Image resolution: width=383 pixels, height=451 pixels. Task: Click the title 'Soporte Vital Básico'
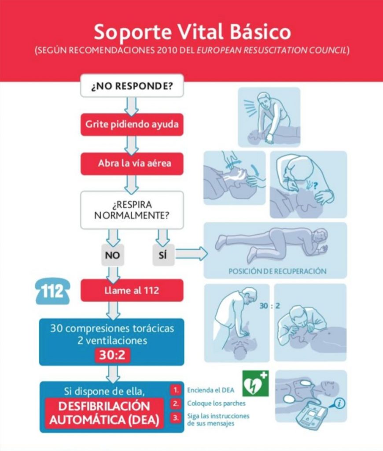pyautogui.click(x=192, y=32)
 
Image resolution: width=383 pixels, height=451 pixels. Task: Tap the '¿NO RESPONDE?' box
pyautogui.click(x=132, y=86)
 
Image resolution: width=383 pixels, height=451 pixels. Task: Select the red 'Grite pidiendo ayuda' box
pyautogui.click(x=132, y=124)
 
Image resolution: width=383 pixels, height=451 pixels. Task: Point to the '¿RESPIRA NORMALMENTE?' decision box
pyautogui.click(x=132, y=210)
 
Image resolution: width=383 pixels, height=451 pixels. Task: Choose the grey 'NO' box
pyautogui.click(x=113, y=254)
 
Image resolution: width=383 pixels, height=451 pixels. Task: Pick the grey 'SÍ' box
pyautogui.click(x=162, y=254)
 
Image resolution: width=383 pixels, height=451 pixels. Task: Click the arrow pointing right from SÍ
pyautogui.click(x=191, y=254)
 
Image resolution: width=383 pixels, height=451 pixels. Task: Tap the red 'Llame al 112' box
pyautogui.click(x=132, y=290)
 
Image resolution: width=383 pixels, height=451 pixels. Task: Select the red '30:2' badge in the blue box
pyautogui.click(x=113, y=355)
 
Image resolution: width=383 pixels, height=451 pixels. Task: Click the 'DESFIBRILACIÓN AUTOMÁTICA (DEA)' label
pyautogui.click(x=104, y=413)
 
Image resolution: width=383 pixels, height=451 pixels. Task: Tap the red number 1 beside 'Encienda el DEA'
pyautogui.click(x=175, y=390)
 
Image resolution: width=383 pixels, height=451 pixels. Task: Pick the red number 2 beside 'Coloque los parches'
pyautogui.click(x=175, y=403)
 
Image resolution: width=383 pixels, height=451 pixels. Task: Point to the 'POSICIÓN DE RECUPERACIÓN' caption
pyautogui.click(x=277, y=271)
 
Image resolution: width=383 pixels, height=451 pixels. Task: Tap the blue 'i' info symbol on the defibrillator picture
pyautogui.click(x=339, y=403)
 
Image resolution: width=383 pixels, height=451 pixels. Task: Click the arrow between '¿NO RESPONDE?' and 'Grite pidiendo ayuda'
pyautogui.click(x=132, y=106)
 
